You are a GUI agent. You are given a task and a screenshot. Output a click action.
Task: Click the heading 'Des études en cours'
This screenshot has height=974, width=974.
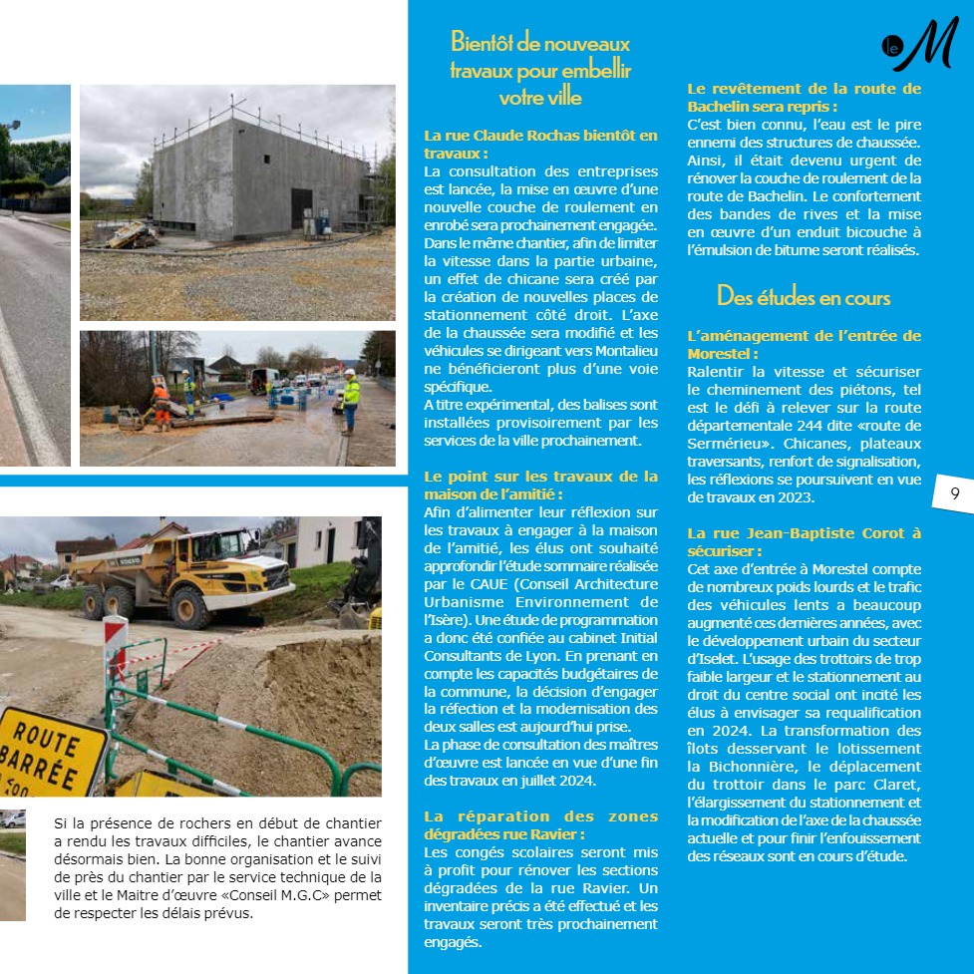click(804, 297)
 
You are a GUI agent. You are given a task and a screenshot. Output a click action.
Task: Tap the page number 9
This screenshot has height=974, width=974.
click(954, 493)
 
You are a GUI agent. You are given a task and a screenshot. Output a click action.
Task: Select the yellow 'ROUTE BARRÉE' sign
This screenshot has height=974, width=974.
click(51, 750)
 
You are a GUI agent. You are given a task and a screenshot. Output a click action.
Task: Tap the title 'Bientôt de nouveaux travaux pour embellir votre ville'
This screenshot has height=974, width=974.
click(540, 70)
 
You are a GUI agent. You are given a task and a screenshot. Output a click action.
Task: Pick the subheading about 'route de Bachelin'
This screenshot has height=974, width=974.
click(804, 97)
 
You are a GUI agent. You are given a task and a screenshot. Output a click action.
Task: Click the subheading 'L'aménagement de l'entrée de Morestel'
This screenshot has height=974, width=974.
click(804, 344)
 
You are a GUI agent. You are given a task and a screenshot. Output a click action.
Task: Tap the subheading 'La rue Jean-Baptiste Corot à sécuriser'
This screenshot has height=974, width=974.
click(804, 541)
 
